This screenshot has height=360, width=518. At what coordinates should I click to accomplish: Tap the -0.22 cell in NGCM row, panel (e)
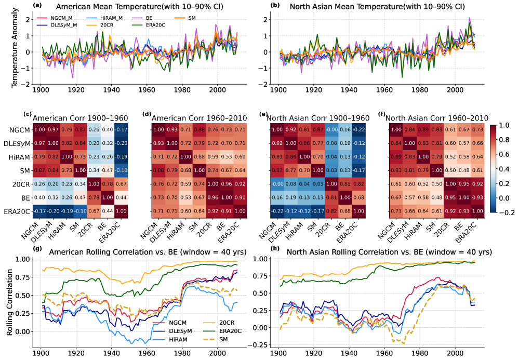pos(343,129)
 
